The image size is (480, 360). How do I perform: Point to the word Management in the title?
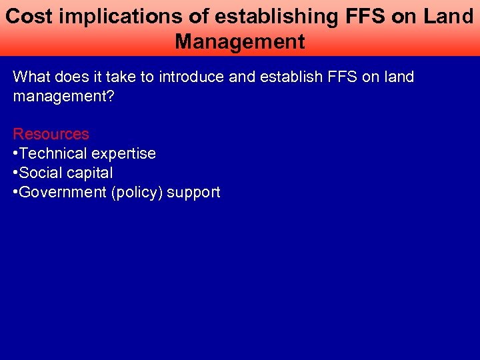point(240,41)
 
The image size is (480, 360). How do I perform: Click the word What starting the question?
point(31,77)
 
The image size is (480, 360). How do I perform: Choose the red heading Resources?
point(51,134)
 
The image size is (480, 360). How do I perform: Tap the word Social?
point(38,173)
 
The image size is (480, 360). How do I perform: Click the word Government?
point(63,193)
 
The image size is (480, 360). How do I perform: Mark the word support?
point(193,193)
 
